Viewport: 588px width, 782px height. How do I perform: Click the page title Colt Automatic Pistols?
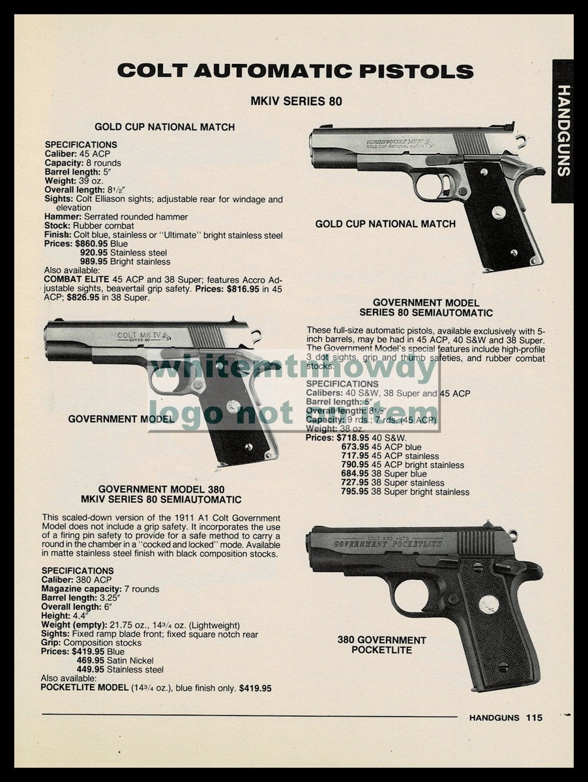point(295,71)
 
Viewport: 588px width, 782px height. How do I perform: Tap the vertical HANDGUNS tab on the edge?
point(564,130)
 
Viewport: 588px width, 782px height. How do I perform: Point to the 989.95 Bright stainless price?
point(94,262)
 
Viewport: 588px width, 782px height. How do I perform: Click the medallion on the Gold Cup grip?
point(499,212)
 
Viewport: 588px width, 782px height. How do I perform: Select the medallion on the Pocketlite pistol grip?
point(488,604)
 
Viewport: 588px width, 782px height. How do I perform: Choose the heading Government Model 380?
point(169,489)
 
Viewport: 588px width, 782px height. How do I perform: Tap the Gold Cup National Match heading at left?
point(164,127)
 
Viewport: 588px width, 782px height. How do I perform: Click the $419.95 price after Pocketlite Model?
point(256,688)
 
